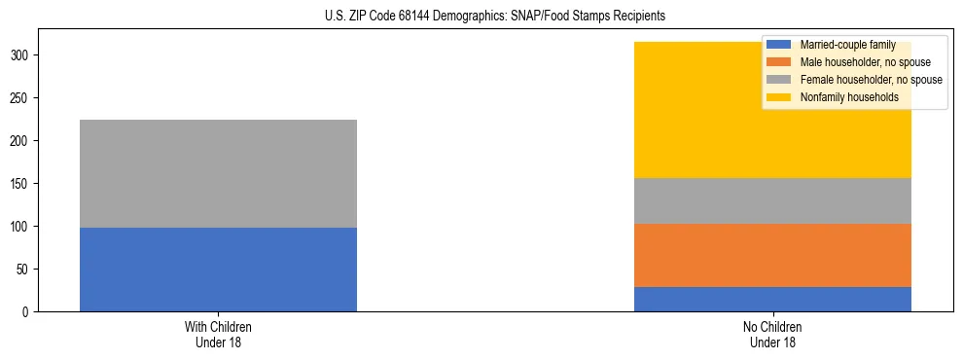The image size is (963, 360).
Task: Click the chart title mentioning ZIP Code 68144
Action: click(x=481, y=17)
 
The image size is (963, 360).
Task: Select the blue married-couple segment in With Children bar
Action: click(x=218, y=270)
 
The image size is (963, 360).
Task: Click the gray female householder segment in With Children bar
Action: click(x=218, y=173)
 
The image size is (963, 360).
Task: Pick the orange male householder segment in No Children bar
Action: click(x=772, y=255)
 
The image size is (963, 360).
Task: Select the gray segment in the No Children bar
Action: click(x=772, y=200)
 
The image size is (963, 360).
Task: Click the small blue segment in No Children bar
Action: click(x=772, y=299)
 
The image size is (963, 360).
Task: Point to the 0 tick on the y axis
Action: click(x=26, y=312)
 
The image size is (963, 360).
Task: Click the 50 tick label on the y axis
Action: click(x=23, y=270)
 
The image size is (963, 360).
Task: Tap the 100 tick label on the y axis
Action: click(x=20, y=227)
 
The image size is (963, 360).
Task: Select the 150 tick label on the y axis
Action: click(x=20, y=184)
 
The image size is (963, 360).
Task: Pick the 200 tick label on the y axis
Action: click(x=20, y=141)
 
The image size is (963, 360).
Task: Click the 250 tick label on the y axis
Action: click(x=20, y=98)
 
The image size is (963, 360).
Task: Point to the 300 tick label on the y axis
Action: click(x=20, y=55)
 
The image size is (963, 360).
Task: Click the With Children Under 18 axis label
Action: click(x=218, y=334)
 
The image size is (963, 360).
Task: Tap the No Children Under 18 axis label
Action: click(x=772, y=334)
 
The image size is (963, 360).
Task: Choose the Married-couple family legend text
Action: click(x=840, y=45)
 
